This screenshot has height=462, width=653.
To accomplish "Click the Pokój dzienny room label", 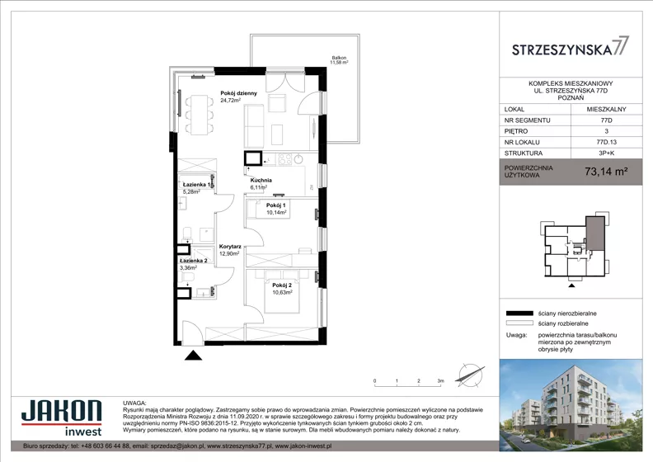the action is tap(238, 93).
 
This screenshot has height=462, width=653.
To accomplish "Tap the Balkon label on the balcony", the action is tap(339, 58).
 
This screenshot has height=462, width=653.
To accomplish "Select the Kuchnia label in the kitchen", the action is tap(261, 181).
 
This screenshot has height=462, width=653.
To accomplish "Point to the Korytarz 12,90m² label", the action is tap(230, 250).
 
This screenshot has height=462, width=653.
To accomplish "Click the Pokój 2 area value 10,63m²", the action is tap(282, 292).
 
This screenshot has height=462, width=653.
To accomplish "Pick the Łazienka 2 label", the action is tap(194, 261).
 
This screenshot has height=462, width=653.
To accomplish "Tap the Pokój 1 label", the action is tap(276, 205).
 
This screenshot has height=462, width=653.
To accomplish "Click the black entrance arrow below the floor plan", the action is tap(193, 356).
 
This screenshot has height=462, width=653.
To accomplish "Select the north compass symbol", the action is tap(470, 375).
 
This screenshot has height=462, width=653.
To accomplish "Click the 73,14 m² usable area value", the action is tap(606, 172).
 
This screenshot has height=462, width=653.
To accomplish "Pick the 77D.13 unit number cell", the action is tap(606, 142).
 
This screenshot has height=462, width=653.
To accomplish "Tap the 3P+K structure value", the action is tap(606, 153).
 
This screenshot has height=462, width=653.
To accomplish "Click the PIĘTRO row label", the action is tap(515, 131).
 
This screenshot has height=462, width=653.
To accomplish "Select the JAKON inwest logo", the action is tap(62, 417).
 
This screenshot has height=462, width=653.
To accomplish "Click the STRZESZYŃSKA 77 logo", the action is tap(570, 46).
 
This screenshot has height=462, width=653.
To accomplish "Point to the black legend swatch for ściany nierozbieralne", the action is tap(519, 313).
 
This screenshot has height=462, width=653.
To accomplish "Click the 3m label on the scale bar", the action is tap(440, 381).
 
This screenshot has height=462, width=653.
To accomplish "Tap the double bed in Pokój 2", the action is tap(282, 291).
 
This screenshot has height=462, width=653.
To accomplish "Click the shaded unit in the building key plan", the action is tap(595, 233).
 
